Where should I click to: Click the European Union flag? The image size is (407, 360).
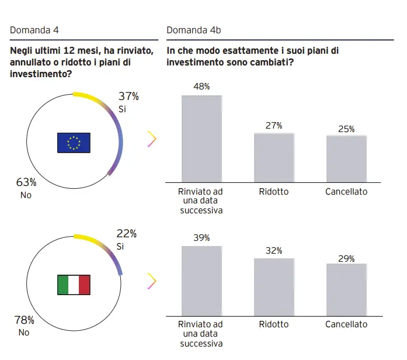74,143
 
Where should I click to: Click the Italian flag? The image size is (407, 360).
74,285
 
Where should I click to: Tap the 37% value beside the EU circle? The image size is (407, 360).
128,96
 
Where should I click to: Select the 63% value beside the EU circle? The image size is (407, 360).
26,182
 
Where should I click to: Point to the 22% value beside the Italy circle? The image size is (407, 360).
127,234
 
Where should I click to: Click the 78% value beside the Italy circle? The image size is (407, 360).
24,320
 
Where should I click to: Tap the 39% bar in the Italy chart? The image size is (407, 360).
201,281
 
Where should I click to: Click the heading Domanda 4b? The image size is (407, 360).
193,30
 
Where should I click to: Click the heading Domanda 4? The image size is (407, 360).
34,30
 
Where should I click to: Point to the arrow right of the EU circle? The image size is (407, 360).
152,139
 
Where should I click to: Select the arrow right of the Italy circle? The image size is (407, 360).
152,281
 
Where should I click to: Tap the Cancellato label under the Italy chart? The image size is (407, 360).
346,324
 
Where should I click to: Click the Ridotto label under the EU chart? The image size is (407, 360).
274,191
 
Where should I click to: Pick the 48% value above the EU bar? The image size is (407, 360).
201,86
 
